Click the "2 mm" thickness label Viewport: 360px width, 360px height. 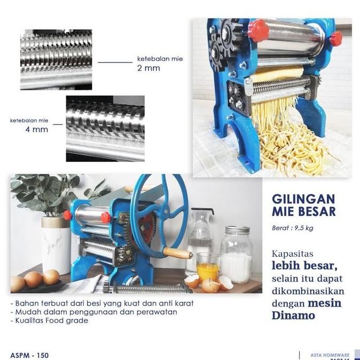click(x=148, y=68)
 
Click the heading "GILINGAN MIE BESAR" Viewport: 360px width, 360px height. click(x=304, y=205)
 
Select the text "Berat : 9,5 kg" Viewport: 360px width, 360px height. click(x=293, y=228)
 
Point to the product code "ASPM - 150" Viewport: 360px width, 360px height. click(x=30, y=355)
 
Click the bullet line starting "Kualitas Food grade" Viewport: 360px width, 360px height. click(x=51, y=320)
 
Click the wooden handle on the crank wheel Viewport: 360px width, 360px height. click(x=177, y=253)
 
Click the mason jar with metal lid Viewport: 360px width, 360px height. click(x=236, y=254)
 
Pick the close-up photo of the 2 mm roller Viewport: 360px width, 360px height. click(x=56, y=59)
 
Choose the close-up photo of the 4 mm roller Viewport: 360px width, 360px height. click(x=105, y=128)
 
